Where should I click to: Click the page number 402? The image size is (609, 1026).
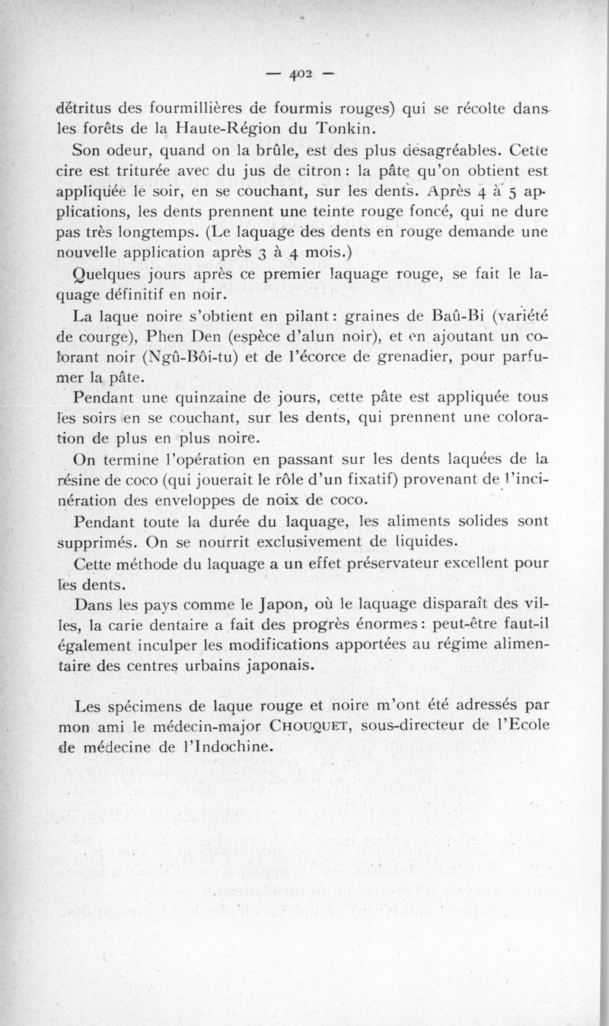(x=303, y=75)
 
